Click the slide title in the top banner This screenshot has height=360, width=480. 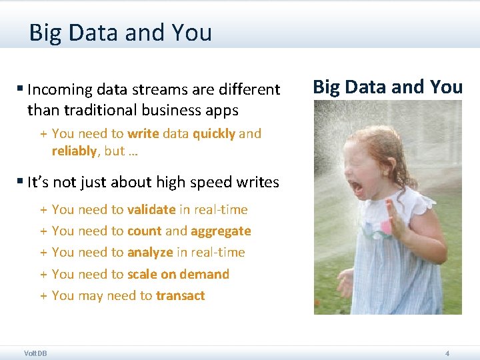(120, 32)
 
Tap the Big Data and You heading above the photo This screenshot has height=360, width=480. (387, 87)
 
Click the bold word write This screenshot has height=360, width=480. (143, 133)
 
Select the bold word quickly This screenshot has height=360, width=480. (214, 133)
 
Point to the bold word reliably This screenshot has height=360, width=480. (74, 151)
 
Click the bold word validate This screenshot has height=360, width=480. (151, 209)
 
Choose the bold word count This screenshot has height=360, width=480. (144, 231)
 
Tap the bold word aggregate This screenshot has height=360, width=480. (221, 231)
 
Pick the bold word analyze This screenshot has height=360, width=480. (150, 252)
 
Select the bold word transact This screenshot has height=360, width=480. (180, 295)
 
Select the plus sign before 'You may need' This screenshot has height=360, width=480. (43, 295)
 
